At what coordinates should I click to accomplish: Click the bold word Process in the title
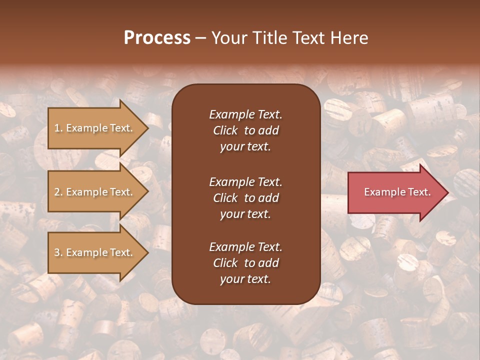(157, 38)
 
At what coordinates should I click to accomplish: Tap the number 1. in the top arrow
(58, 128)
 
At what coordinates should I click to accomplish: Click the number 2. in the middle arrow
(58, 192)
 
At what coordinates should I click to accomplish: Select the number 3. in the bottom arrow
(58, 252)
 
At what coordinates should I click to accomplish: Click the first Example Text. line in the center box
(245, 114)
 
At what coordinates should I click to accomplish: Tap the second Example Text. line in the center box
(245, 182)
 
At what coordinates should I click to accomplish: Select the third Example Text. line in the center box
(245, 247)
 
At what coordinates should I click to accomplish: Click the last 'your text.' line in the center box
(245, 279)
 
